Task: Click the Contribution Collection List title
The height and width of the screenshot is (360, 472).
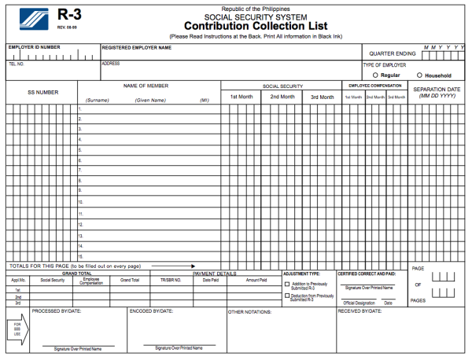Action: point(250,25)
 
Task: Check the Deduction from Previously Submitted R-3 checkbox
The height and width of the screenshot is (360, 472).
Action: point(286,296)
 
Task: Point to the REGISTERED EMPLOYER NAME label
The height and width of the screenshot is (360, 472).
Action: point(136,47)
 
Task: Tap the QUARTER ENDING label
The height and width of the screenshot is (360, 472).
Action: point(393,53)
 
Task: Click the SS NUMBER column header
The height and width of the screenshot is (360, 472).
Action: point(42,92)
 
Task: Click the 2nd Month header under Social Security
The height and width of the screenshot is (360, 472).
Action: point(282,97)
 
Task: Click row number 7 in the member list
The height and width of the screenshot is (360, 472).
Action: point(79,169)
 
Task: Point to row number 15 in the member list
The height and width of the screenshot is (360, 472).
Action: point(80,256)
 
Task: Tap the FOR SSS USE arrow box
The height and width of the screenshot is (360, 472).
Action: point(16,329)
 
